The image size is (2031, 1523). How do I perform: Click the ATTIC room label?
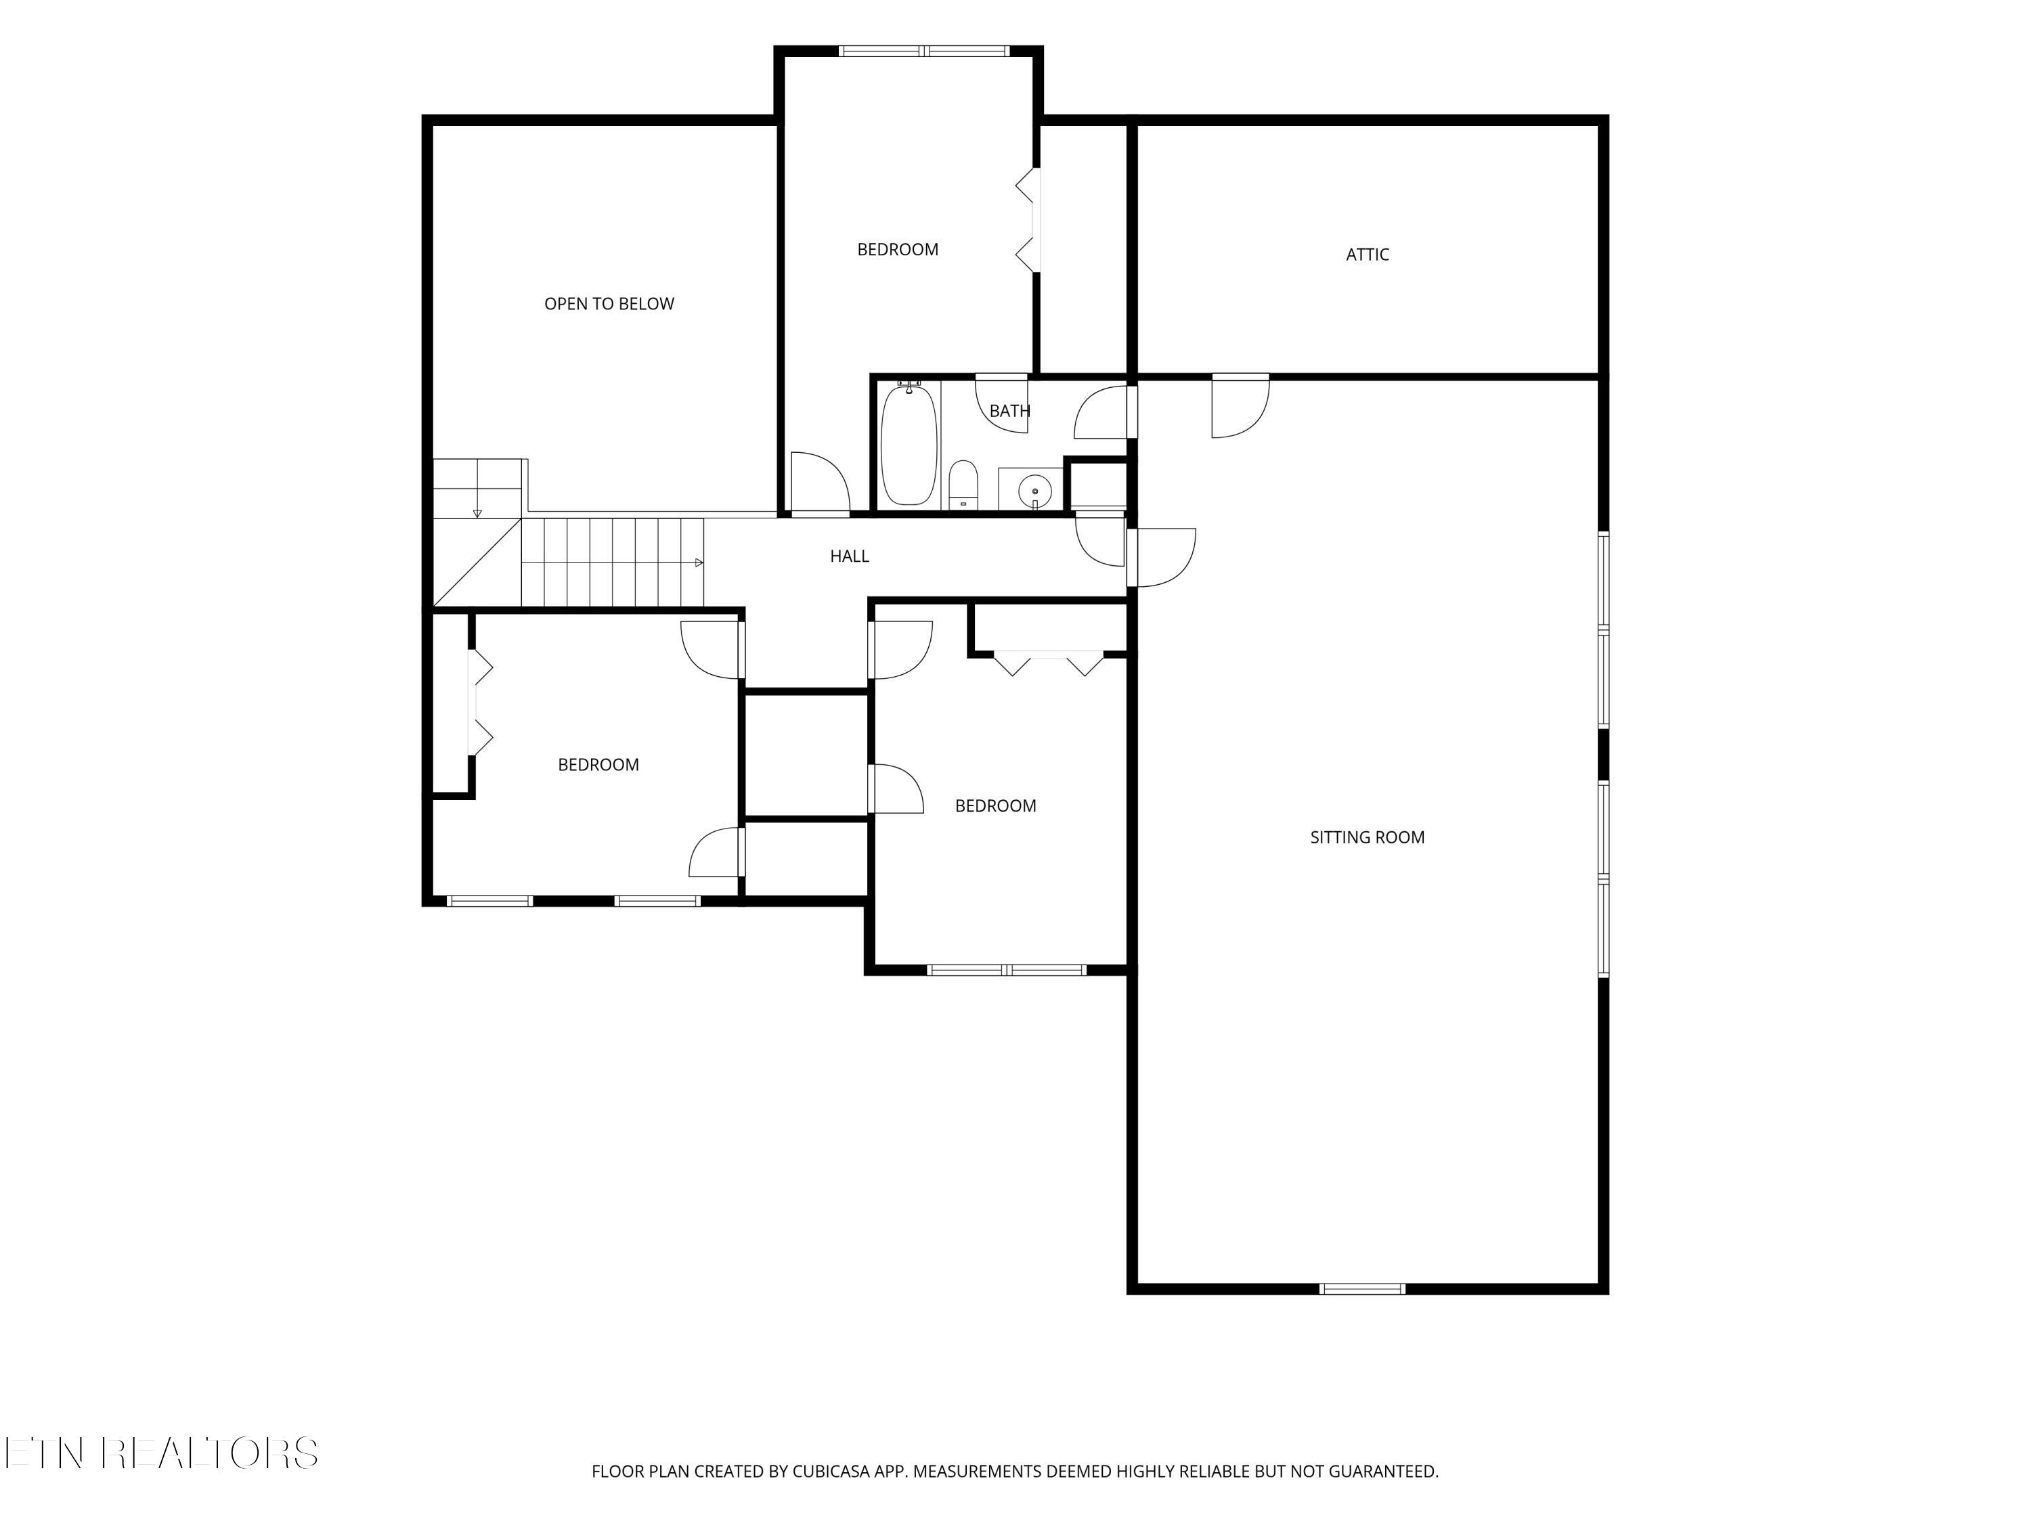(1366, 255)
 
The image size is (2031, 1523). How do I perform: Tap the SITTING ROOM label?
(1367, 837)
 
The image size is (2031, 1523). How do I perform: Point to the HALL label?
(850, 556)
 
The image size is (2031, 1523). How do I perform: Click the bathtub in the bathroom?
(909, 444)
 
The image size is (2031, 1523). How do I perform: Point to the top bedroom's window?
(925, 51)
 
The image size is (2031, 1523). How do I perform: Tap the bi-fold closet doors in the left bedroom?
(479, 703)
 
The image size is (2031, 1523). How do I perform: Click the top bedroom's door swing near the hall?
(821, 482)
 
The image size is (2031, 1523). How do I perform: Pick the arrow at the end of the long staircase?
(699, 562)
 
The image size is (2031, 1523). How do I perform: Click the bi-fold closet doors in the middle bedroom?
(1047, 663)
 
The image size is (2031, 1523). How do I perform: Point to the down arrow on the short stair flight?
(477, 512)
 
